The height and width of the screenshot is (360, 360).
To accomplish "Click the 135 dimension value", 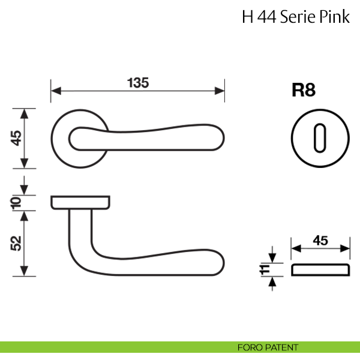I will pyautogui.click(x=137, y=82).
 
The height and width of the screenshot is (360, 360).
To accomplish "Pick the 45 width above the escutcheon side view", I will pyautogui.click(x=320, y=240).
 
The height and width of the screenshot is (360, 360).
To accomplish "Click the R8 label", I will pyautogui.click(x=303, y=91).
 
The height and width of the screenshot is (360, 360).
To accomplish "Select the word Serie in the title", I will pyautogui.click(x=298, y=16).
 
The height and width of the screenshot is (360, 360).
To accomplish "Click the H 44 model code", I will pyautogui.click(x=256, y=16).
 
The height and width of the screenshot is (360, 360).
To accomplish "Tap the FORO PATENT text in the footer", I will pyautogui.click(x=268, y=347).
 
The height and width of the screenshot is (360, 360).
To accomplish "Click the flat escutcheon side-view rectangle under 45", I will pyautogui.click(x=320, y=269).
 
